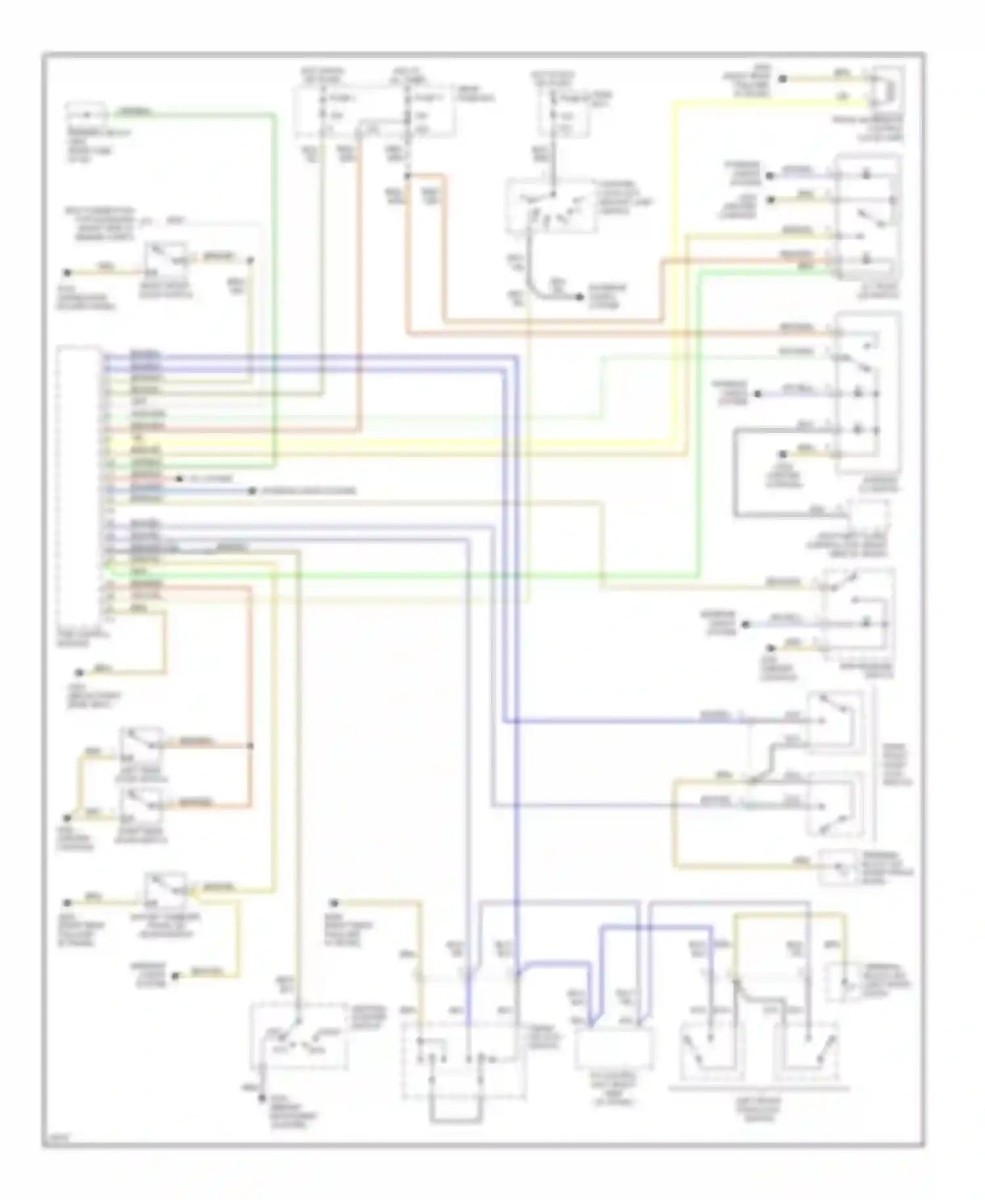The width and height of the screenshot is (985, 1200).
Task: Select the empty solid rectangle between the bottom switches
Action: (613, 1048)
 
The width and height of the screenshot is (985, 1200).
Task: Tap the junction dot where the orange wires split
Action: (407, 176)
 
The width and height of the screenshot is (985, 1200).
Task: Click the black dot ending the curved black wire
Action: (580, 297)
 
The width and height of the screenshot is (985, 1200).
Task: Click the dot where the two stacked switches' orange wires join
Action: (250, 746)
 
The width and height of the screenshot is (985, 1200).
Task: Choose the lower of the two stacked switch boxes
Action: (141, 804)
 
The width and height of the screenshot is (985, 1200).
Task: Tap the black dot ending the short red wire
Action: (179, 479)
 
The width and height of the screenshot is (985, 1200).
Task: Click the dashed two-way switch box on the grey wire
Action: (299, 1036)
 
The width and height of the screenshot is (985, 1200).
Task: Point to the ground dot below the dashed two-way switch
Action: (261, 1098)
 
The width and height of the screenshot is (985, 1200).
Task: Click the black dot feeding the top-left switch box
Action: (66, 272)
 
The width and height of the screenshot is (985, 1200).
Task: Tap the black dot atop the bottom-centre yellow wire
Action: (334, 903)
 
